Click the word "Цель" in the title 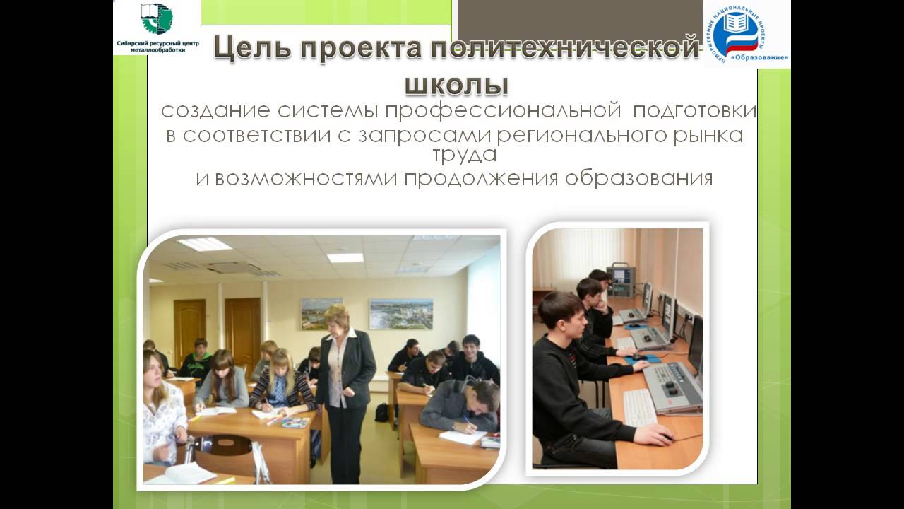(x=249, y=50)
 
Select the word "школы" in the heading (x=456, y=83)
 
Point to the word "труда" (x=464, y=154)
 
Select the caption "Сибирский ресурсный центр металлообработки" (x=157, y=47)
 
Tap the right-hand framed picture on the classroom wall (x=400, y=313)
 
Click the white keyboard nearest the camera (x=641, y=408)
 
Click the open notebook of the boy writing (x=463, y=436)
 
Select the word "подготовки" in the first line (x=694, y=111)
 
